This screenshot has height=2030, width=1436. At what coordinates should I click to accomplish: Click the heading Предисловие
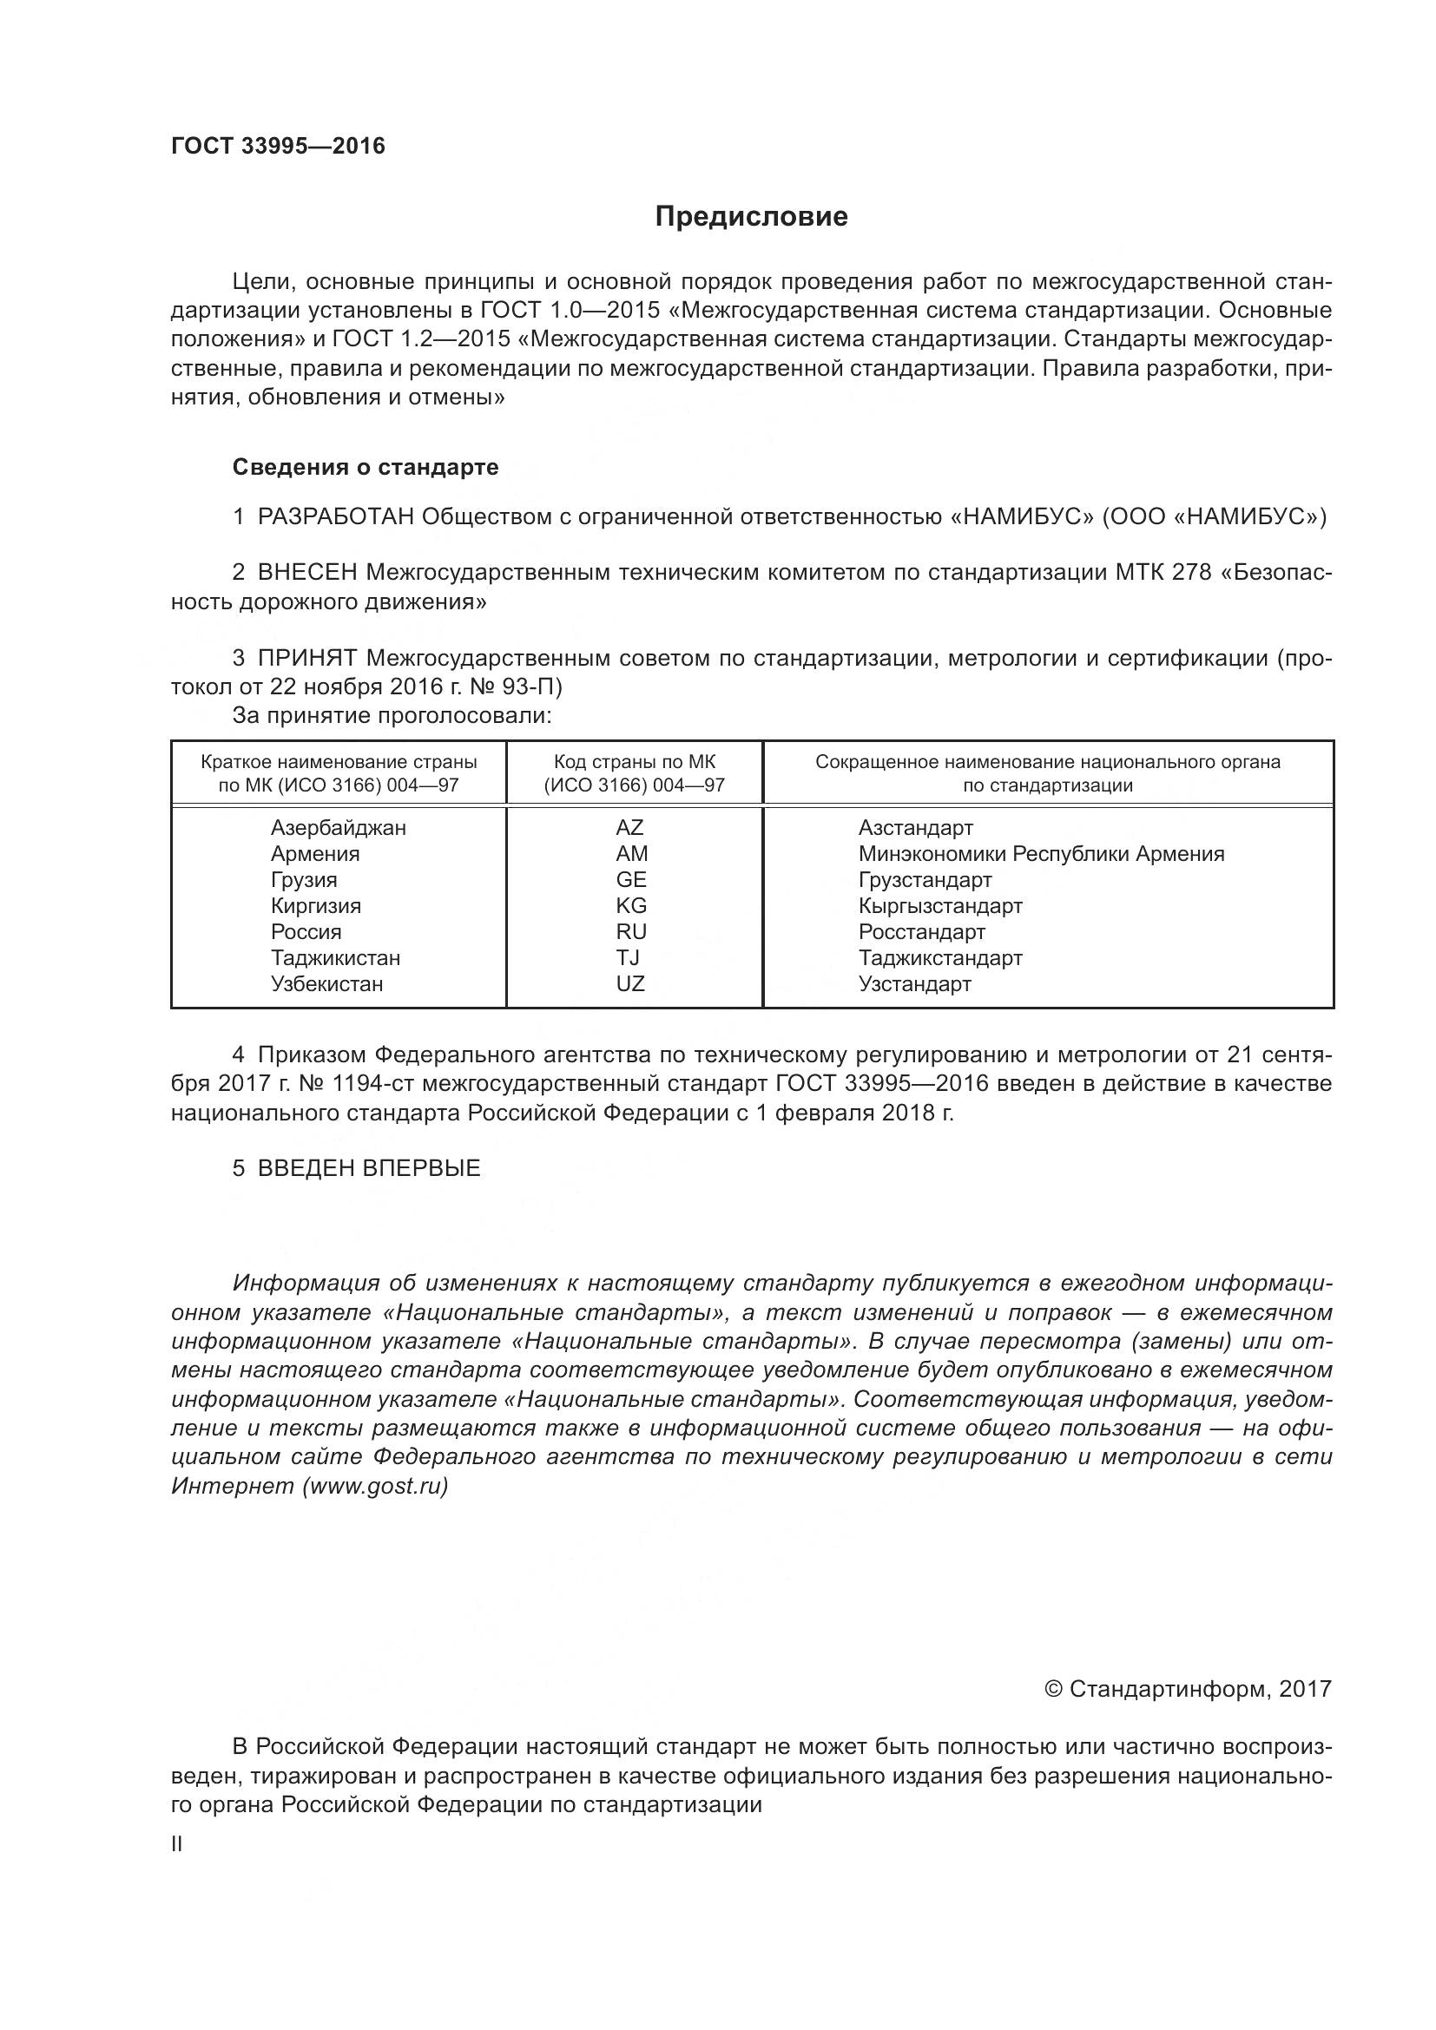[x=751, y=217]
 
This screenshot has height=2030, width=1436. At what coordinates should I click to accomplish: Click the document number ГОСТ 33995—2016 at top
[x=278, y=146]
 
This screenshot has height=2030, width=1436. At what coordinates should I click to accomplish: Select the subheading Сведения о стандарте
[x=366, y=467]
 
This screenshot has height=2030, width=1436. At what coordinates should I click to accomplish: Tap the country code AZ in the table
[x=629, y=828]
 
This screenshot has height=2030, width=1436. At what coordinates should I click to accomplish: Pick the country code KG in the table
[x=631, y=905]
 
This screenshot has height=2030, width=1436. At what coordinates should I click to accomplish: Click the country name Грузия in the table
[x=304, y=880]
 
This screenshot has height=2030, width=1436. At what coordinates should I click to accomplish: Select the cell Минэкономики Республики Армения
[x=1041, y=854]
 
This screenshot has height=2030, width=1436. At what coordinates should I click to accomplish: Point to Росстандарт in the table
[x=921, y=932]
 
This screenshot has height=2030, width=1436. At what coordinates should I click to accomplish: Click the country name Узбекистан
[x=327, y=984]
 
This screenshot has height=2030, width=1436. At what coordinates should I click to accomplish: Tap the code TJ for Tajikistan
[x=628, y=957]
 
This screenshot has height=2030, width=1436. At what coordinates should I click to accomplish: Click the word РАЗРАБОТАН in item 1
[x=336, y=516]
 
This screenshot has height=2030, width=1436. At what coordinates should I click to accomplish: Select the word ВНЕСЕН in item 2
[x=307, y=573]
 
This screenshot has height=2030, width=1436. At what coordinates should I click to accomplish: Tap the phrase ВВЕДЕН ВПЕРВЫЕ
[x=369, y=1168]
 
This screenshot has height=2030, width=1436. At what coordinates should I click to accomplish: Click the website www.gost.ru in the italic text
[x=375, y=1486]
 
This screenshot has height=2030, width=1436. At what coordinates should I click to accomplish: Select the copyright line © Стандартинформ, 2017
[x=1188, y=1690]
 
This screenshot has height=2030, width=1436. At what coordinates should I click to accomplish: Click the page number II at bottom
[x=177, y=1844]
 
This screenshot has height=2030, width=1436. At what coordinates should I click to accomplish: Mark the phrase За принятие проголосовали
[x=392, y=715]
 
